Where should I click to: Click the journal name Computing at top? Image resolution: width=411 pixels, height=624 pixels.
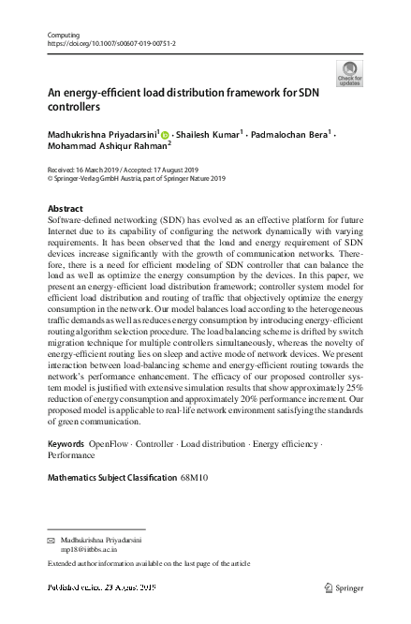pos(62,35)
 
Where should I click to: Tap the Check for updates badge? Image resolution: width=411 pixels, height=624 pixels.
pos(349,73)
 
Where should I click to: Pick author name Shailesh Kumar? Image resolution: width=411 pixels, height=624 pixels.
pos(208,135)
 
